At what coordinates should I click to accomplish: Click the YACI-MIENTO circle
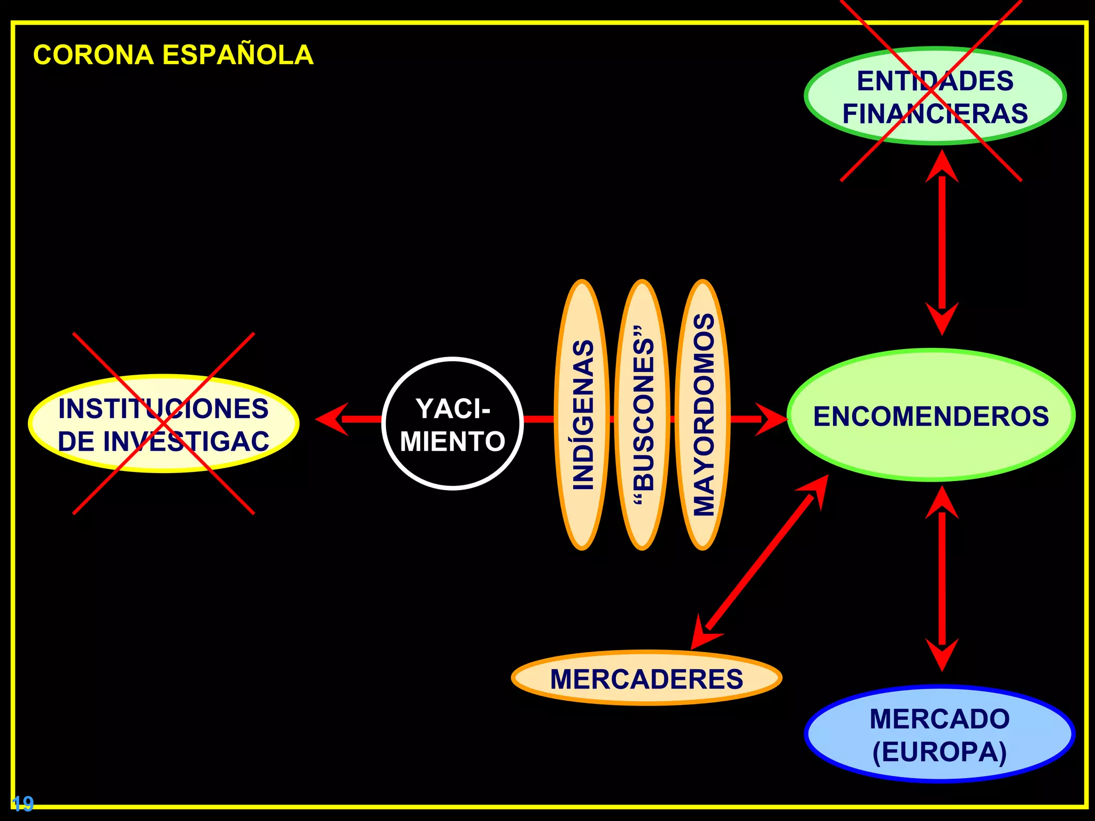coord(452,423)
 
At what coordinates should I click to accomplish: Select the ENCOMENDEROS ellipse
coord(931,415)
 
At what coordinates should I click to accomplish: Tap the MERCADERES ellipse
coord(646,678)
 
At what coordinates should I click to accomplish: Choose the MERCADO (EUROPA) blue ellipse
coord(939,734)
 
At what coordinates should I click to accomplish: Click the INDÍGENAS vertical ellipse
coord(582,415)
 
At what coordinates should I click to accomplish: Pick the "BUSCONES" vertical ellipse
coord(642,415)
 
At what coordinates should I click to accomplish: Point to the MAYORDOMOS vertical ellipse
coord(703,415)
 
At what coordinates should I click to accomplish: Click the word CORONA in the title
coord(94,55)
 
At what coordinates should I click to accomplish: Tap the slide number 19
coord(22,803)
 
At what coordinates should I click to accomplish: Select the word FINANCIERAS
coord(935,114)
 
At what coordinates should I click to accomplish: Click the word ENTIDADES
coord(935,81)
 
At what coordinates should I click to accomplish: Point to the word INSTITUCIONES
coord(164,409)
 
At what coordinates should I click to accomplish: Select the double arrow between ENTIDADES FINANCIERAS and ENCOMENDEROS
coord(942,242)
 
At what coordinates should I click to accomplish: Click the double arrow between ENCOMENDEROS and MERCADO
coord(942,578)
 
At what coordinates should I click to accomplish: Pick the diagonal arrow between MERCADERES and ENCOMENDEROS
coord(760,562)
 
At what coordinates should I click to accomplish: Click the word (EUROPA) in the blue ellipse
coord(939,752)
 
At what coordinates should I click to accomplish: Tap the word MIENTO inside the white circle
coord(452,442)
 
